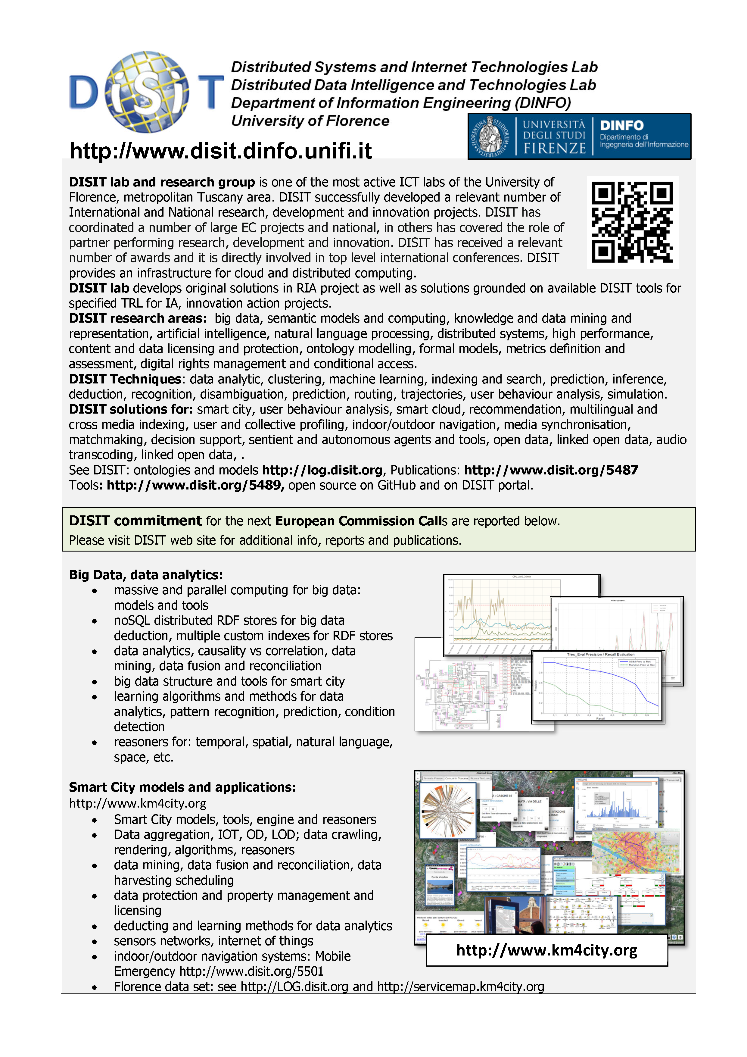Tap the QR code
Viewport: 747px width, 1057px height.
click(632, 222)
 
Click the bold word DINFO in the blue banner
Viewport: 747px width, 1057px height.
click(621, 125)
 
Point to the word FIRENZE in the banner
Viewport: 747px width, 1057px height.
click(555, 148)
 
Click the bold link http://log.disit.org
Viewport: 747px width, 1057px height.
click(322, 470)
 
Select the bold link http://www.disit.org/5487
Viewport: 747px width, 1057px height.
click(551, 470)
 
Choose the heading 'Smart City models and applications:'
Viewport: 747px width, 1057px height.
click(182, 787)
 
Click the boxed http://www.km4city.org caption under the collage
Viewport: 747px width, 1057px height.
click(547, 950)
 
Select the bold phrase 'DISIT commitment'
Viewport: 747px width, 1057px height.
click(135, 521)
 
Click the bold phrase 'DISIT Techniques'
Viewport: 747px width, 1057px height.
click(125, 379)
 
